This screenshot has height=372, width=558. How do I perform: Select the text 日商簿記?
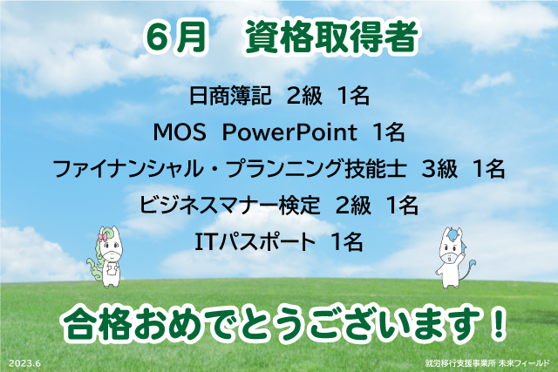point(230,96)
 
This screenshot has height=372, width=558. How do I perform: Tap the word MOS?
point(180,132)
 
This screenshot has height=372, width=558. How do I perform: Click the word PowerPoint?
point(289,132)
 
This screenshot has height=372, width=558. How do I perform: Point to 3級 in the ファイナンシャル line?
point(439,168)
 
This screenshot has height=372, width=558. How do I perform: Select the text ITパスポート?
point(255,242)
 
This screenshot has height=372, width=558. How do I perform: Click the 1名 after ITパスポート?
point(347,242)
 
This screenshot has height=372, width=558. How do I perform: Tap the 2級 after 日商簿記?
point(304,96)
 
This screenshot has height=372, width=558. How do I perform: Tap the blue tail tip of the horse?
point(473,262)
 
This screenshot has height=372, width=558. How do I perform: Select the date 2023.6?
point(24,363)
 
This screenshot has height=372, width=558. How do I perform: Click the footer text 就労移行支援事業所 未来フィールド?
point(487,363)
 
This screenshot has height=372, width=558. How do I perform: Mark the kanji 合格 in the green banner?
point(95,324)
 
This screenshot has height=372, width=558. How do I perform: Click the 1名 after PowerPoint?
point(388,132)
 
